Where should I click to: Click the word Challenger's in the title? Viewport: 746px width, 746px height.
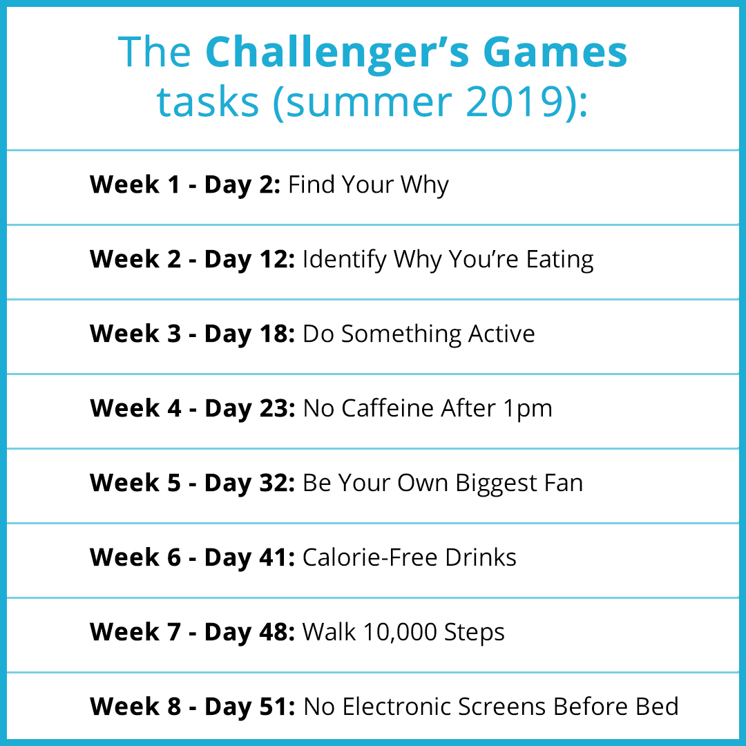tap(337, 53)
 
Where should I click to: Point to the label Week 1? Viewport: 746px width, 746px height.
tap(135, 184)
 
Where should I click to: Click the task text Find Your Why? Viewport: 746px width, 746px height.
tap(368, 185)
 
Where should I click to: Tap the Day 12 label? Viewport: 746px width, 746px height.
tap(250, 260)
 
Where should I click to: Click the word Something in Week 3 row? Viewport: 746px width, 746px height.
tap(401, 334)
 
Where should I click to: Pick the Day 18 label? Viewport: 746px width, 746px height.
tap(250, 334)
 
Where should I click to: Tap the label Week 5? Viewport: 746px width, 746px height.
tap(135, 482)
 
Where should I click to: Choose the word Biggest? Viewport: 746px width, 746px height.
tap(496, 484)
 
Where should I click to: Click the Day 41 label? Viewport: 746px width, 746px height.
tap(250, 558)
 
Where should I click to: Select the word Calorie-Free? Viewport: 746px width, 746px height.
tap(370, 557)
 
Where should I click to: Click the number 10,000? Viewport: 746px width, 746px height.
tap(400, 633)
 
